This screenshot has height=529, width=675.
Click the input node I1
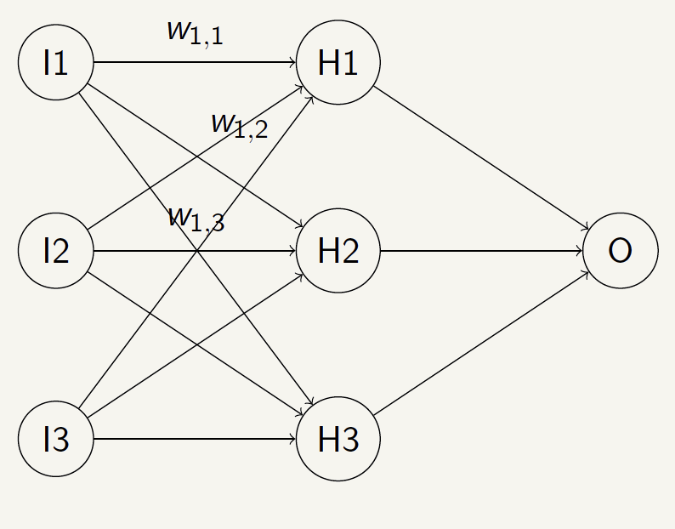[x=56, y=63]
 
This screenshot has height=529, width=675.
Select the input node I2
[x=56, y=251]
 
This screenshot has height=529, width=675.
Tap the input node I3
[x=56, y=440]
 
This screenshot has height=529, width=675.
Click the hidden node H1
[x=338, y=63]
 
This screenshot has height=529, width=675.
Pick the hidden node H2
[x=338, y=251]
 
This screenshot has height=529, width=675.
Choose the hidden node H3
[x=338, y=440]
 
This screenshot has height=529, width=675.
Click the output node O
[x=621, y=251]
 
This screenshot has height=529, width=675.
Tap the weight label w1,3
[x=196, y=219]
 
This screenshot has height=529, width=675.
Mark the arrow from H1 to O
[x=481, y=158]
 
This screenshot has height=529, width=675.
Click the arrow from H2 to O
[x=481, y=251]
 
